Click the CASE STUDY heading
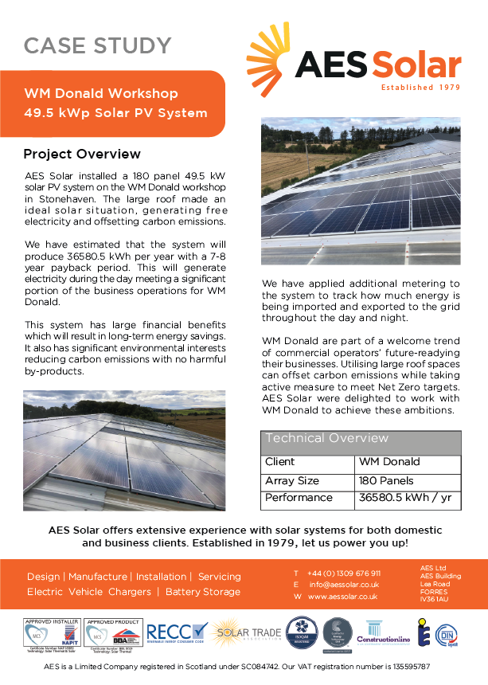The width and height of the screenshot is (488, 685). pos(97,46)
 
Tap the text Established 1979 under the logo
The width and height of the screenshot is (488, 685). pos(420,88)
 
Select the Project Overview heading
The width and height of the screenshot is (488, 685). pos(82,154)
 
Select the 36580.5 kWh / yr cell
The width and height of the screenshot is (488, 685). pos(406,498)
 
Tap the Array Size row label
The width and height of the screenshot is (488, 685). pos(292,481)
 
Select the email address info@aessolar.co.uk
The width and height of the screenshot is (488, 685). pos(343,585)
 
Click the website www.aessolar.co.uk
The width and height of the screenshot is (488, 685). pos(342,596)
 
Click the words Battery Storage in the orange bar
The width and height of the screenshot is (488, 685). pos(203,592)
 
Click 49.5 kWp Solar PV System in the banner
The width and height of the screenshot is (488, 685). pos(115,113)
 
